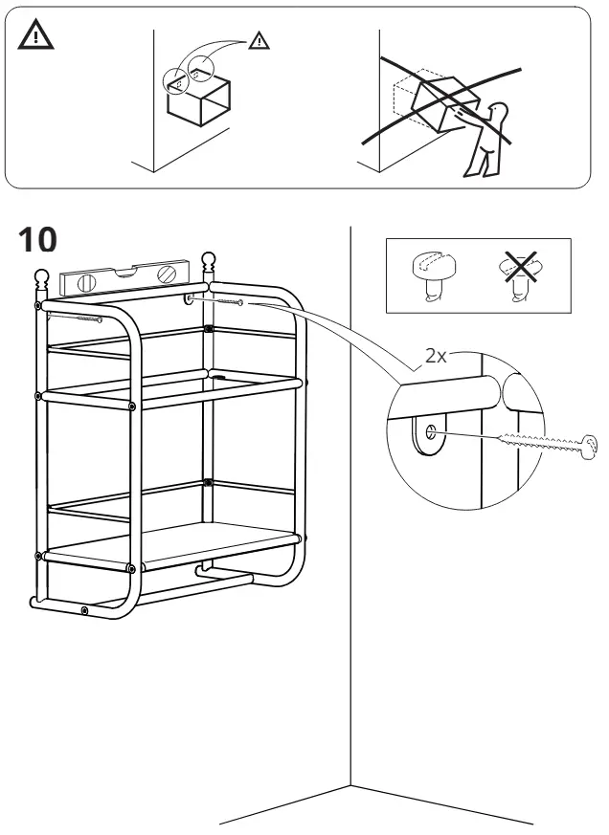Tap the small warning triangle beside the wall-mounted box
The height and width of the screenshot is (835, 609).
[259, 40]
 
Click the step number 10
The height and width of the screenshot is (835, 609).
[38, 241]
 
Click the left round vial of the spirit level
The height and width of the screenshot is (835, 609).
[84, 283]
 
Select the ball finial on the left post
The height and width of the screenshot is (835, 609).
[41, 277]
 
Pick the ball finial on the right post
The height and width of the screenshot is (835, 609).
[208, 260]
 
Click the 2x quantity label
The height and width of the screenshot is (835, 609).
[437, 356]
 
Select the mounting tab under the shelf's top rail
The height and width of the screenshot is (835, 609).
[190, 301]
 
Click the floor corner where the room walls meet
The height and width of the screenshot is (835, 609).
[352, 784]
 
